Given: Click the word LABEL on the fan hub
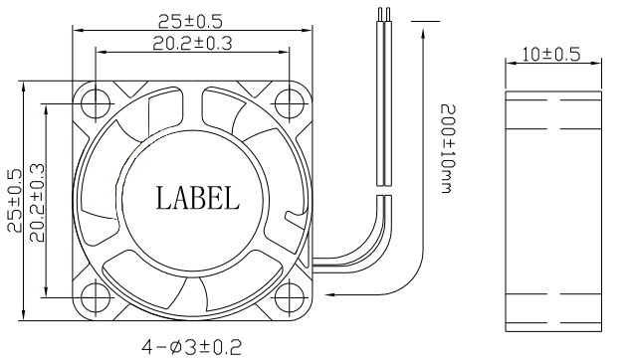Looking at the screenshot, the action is coord(197,199).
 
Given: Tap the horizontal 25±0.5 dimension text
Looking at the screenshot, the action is coord(190,22).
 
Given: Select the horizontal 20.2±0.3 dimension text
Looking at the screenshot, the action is coord(192,43).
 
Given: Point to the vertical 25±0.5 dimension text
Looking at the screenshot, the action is coord(16,200).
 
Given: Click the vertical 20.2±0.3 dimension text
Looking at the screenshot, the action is coord(38,203).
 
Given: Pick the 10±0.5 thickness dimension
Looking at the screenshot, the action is coord(551,55).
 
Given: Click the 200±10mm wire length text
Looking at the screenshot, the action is coord(448,148).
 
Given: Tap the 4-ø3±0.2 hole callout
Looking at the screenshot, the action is coord(192,347).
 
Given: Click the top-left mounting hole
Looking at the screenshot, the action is coord(96,103).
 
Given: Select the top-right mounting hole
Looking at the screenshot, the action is coord(290,103).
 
